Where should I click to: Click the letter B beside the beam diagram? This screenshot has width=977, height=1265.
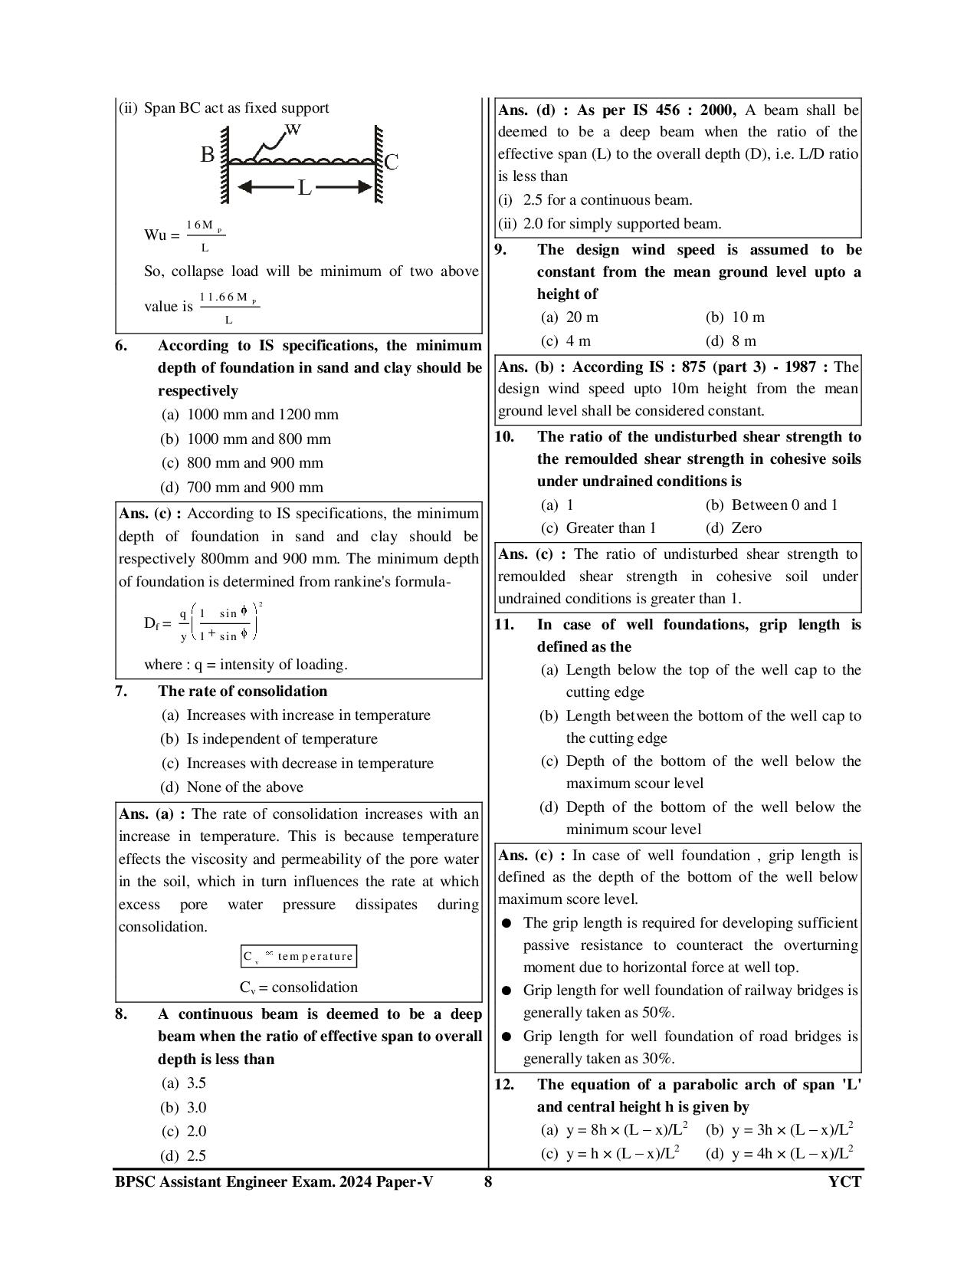tap(208, 155)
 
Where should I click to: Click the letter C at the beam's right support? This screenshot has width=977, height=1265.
tap(392, 163)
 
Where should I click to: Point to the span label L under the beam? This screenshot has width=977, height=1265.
tap(304, 188)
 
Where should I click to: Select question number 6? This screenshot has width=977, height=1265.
tap(121, 346)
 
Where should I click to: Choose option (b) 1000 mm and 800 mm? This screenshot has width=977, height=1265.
tap(246, 439)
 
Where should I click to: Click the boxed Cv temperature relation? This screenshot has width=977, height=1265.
tap(298, 956)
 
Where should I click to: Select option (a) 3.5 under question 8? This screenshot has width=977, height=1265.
tap(183, 1083)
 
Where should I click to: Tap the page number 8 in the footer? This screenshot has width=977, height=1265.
tap(488, 1181)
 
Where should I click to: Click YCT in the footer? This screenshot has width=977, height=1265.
tap(844, 1181)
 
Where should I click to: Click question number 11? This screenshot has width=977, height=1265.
tap(504, 625)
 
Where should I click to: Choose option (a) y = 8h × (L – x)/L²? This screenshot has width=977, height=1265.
tap(615, 1130)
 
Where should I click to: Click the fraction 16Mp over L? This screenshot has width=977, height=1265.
tap(205, 235)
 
